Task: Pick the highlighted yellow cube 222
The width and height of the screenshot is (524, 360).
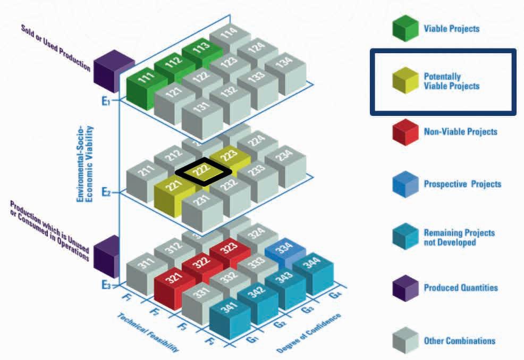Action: point(203,171)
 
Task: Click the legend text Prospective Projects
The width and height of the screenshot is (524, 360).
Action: point(462,184)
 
